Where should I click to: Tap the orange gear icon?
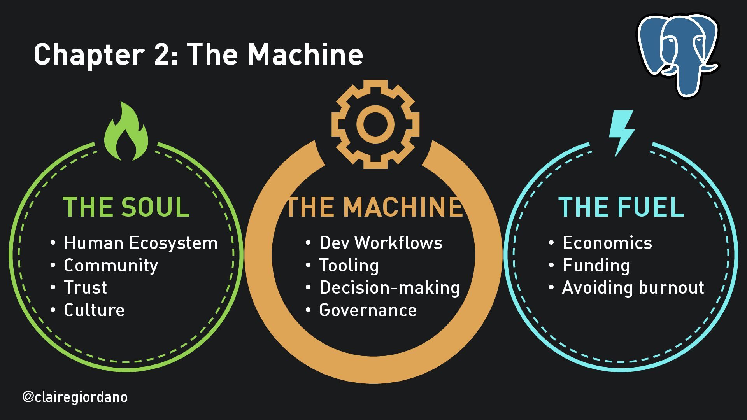pyautogui.click(x=375, y=124)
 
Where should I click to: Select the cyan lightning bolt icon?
pyautogui.click(x=621, y=133)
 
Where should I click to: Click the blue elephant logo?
pyautogui.click(x=678, y=54)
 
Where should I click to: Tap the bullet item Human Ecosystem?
pyautogui.click(x=140, y=243)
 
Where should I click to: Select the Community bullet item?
pyautogui.click(x=111, y=266)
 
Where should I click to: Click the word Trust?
pyautogui.click(x=85, y=288)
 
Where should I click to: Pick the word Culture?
pyautogui.click(x=94, y=310)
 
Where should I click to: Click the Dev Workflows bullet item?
pyautogui.click(x=381, y=243)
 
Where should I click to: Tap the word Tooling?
pyautogui.click(x=349, y=266)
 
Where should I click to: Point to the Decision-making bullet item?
pyautogui.click(x=389, y=288)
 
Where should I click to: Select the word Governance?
pyautogui.click(x=368, y=310)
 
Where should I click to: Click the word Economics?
pyautogui.click(x=607, y=243)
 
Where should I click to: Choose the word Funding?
pyautogui.click(x=596, y=266)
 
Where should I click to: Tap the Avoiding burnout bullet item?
pyautogui.click(x=633, y=288)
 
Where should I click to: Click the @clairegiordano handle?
pyautogui.click(x=75, y=397)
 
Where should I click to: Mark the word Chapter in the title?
pyautogui.click(x=89, y=54)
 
